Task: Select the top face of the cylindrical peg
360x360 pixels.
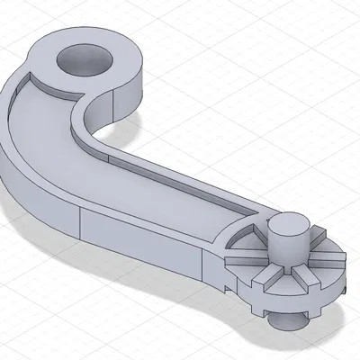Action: tap(289, 223)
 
